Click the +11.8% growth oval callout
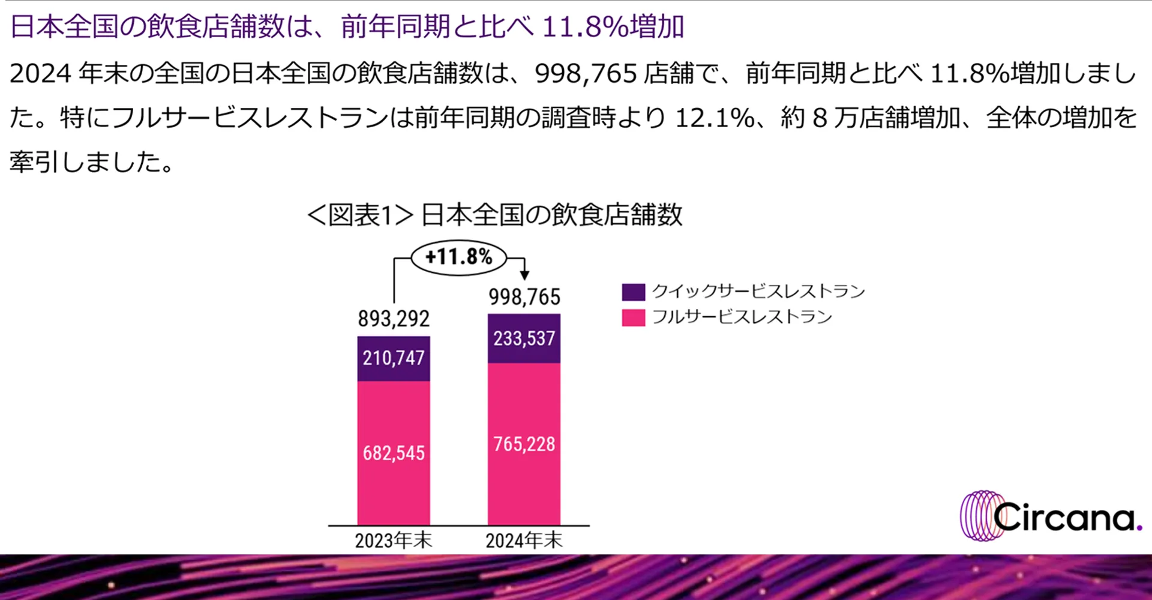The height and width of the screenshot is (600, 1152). coord(459,257)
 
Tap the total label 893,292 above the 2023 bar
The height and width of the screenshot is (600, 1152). coord(394,319)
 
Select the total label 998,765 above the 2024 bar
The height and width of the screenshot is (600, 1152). coord(524,297)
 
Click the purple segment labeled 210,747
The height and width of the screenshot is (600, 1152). coord(394,358)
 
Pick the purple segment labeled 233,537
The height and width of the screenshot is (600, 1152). coord(524,338)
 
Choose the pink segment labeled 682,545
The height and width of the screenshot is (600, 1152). coord(394,453)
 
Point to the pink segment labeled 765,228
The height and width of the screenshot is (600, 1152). coord(524,444)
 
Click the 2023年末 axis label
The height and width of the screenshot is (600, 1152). coord(394,541)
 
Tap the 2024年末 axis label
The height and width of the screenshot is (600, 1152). coord(524,541)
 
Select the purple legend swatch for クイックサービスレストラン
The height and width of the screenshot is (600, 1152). coord(633,292)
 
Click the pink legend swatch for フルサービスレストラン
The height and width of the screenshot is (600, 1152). coord(633,317)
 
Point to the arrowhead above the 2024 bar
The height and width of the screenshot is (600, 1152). coord(524,275)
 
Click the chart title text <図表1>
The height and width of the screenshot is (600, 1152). coord(360,215)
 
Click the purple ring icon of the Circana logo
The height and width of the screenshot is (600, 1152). coord(978,516)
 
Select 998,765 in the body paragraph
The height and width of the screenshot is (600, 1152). coord(586,74)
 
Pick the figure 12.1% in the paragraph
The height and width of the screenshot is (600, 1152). coord(715,118)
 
